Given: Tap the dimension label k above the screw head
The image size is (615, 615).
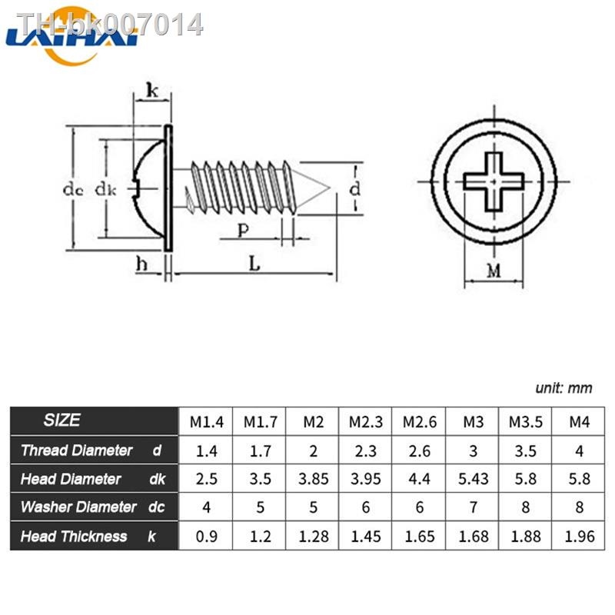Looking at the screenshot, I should tap(151, 91).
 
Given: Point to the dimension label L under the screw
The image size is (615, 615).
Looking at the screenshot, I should tap(254, 263).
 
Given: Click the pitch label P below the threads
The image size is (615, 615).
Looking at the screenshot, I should tap(242, 229).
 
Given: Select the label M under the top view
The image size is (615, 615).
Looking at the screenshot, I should tap(494, 271).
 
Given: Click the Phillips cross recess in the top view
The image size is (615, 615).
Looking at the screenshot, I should tap(494, 181).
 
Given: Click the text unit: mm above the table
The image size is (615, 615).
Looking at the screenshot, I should tap(563, 388).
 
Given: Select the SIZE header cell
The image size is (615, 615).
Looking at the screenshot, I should tap(61, 421).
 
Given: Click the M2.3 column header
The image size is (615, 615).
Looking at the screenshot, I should tap(366, 421).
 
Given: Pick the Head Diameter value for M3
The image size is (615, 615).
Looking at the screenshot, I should tap(474, 479).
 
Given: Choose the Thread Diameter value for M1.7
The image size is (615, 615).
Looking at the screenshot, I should tap(260, 450).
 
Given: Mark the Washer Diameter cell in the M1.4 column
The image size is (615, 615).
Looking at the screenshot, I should tap(206, 507).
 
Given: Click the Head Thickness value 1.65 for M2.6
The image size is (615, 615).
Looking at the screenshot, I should tap(420, 537).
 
